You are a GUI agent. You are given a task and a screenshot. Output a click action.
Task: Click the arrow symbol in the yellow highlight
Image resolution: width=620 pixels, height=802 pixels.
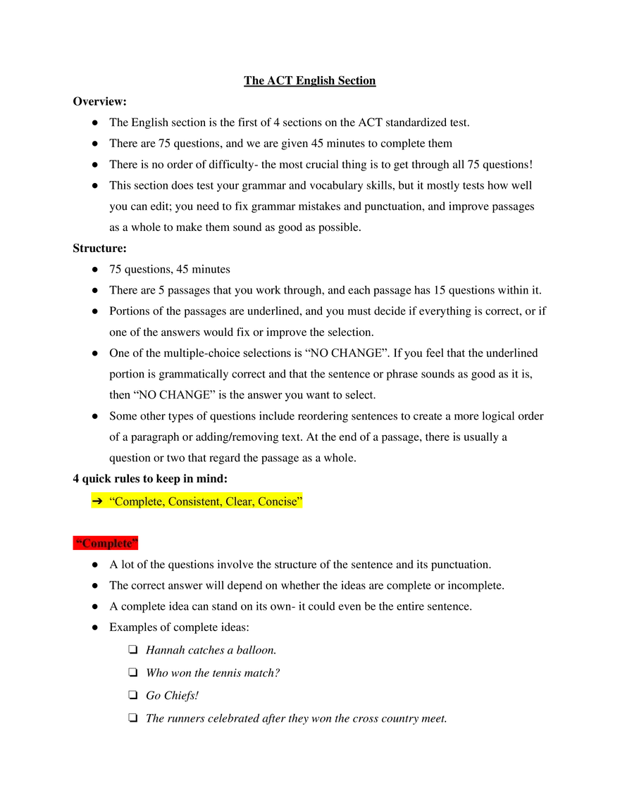point(98,501)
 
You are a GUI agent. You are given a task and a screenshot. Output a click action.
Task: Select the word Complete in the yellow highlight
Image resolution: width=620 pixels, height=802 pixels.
point(138,502)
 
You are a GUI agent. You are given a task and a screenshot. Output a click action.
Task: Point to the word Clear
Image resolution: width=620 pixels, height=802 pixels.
point(238,502)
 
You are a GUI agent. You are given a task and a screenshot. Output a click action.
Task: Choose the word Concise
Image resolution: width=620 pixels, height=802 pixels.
point(278,502)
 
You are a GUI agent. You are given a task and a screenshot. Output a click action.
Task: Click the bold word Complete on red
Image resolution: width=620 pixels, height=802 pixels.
point(107,544)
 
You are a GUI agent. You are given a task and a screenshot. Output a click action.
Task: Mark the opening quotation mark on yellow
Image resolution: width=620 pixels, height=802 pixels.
point(112,500)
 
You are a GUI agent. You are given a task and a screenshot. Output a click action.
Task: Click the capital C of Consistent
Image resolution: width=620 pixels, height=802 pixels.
point(172,502)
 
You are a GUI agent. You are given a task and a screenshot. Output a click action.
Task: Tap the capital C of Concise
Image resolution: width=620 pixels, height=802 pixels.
point(262,502)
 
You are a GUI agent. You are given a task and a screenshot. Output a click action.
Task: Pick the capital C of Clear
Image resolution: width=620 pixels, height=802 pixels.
point(230,502)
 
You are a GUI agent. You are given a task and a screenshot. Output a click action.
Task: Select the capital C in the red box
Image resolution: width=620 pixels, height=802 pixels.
point(87,544)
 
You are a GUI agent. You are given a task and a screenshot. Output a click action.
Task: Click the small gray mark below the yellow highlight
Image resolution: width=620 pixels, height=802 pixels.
point(138,509)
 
